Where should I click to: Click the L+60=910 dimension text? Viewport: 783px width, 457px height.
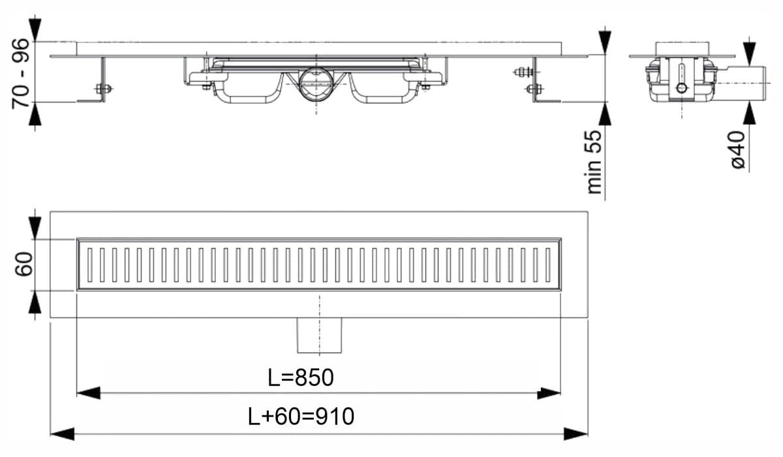point(301,416)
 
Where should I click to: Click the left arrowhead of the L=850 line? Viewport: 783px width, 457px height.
point(88,393)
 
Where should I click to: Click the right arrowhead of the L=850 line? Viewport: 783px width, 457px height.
point(549,393)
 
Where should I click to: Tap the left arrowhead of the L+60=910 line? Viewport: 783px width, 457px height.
point(62,432)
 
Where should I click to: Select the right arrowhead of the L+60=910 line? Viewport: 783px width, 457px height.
point(576,432)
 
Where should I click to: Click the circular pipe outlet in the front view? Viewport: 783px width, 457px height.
point(317,84)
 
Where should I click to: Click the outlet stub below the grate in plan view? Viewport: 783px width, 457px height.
point(319,334)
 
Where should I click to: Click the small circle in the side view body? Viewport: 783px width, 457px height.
point(681,88)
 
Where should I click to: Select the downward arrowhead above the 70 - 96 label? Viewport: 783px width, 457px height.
point(36,30)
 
